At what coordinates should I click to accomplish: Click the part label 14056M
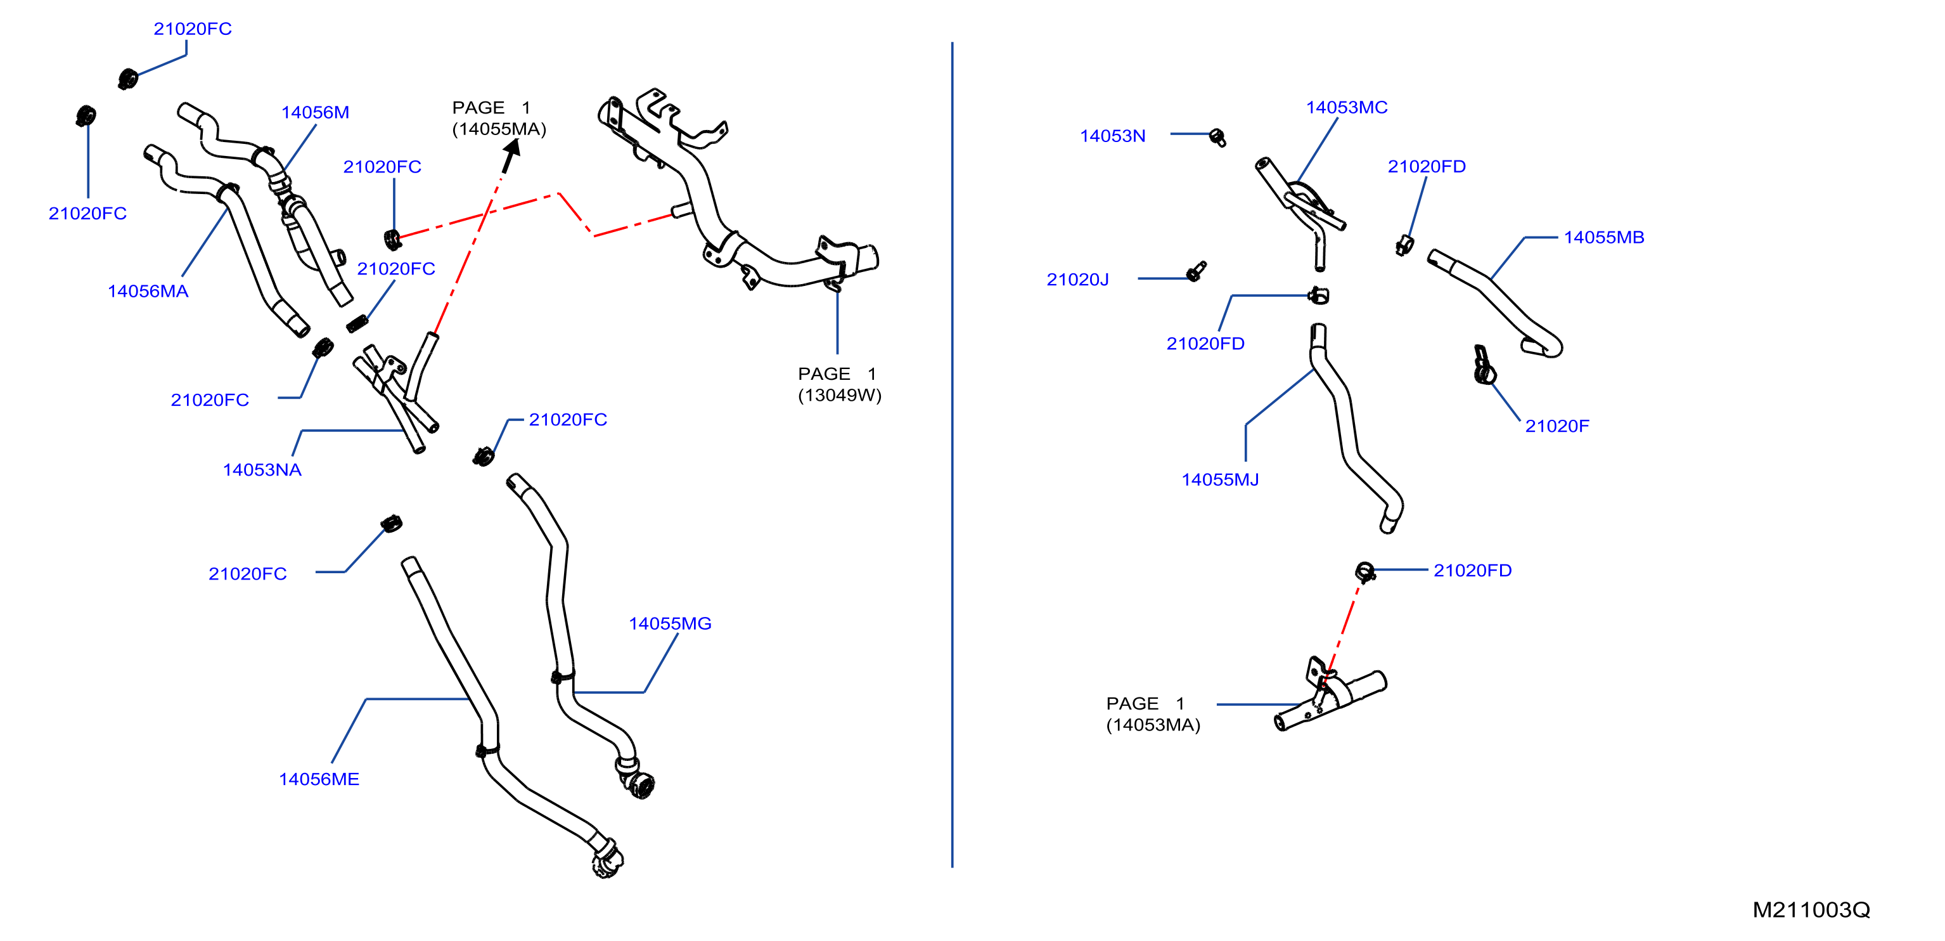pos(315,112)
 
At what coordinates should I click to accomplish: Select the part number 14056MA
pos(148,292)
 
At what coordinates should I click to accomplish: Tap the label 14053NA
pos(262,470)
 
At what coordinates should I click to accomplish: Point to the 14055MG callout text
pos(670,624)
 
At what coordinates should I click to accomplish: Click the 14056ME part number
pos(319,779)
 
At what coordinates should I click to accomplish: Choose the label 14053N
pos(1112,136)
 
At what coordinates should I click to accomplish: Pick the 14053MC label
pos(1346,107)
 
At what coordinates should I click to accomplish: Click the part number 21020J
pos(1077,280)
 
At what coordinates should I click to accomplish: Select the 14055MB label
pos(1603,237)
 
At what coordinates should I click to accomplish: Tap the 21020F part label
pos(1557,426)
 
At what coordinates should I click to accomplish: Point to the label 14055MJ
pos(1220,479)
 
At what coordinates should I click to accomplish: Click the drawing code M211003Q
pos(1811,910)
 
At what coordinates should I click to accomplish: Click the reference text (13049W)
pos(840,395)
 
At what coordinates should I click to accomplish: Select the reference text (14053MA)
pos(1153,725)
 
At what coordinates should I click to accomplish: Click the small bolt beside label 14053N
pos(1217,138)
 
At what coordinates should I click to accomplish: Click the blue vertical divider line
pos(952,455)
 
